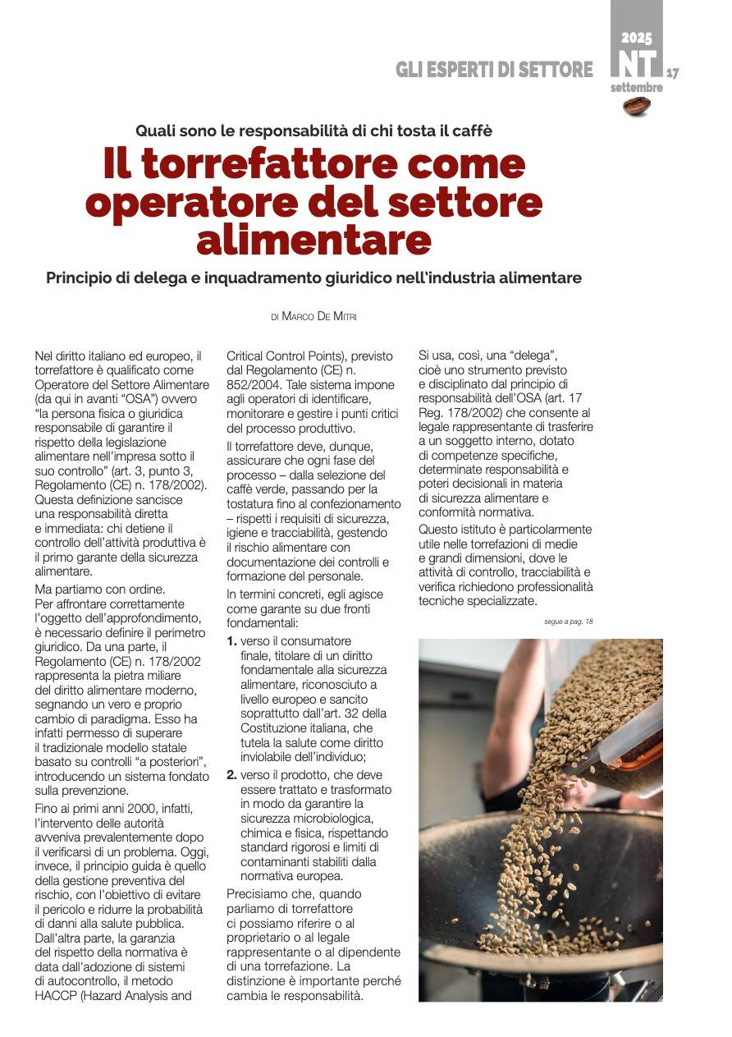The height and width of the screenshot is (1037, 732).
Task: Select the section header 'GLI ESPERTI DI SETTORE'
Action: [x=494, y=70]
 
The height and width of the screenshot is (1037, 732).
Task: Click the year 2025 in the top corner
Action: [x=636, y=38]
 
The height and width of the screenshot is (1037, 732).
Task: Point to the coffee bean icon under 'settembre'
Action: [x=637, y=104]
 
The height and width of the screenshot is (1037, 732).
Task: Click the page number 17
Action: [x=672, y=73]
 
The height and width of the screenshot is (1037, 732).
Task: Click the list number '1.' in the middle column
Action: [x=232, y=640]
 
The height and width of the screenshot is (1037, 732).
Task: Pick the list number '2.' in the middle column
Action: [x=232, y=774]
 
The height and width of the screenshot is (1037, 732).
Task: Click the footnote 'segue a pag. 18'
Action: [x=568, y=622]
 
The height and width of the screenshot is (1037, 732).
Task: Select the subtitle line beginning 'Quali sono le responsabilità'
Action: [x=313, y=130]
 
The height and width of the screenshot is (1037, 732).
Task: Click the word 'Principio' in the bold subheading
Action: [x=79, y=278]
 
